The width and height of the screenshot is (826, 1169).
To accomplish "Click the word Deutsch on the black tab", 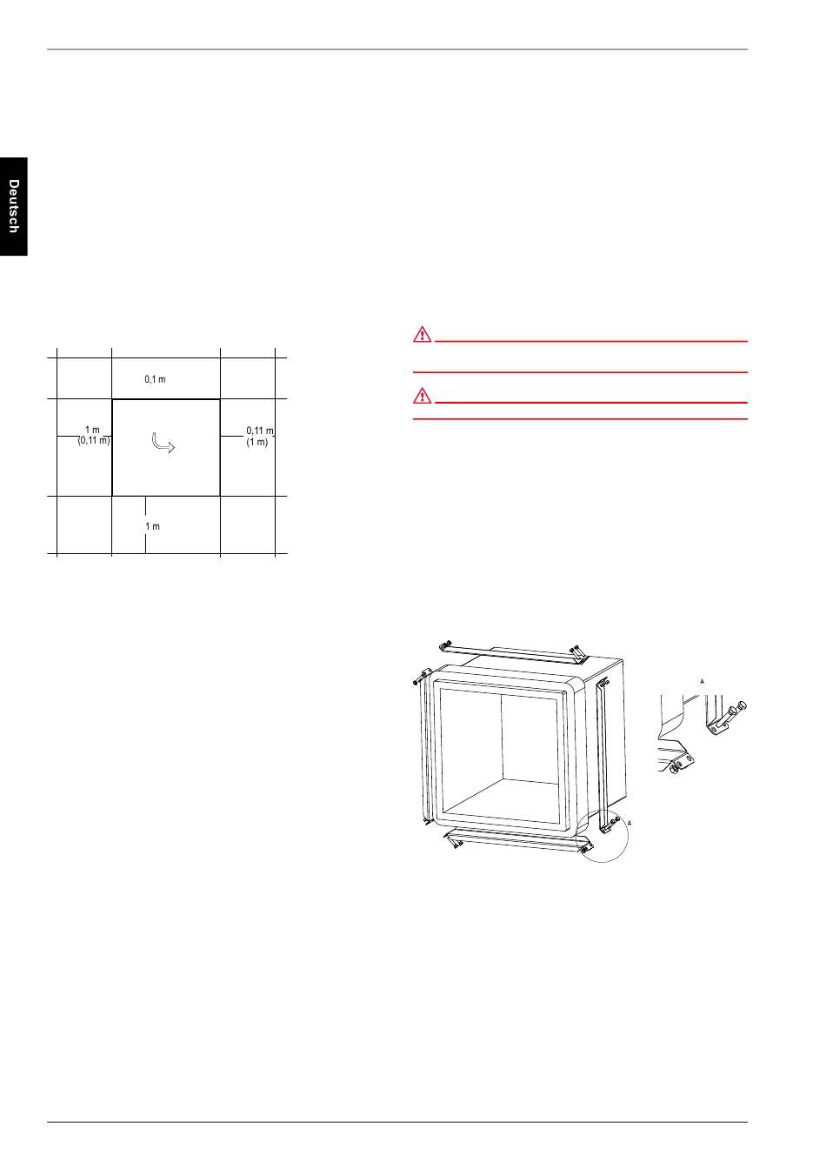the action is click(x=14, y=206).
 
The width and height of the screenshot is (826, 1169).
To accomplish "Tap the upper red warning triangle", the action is click(x=423, y=335).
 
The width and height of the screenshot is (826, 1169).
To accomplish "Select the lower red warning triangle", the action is click(x=423, y=396).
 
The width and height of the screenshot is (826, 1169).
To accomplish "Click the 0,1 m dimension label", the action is click(x=155, y=379).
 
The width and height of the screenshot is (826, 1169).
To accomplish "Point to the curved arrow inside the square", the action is click(x=163, y=444).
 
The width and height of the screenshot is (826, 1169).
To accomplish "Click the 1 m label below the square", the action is click(x=152, y=526).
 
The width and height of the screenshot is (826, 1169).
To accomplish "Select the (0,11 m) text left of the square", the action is click(x=94, y=440).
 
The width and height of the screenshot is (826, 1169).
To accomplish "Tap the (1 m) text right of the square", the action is click(x=256, y=442).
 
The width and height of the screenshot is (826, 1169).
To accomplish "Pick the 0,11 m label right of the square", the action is click(x=260, y=431).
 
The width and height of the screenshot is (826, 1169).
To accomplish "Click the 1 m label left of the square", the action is click(x=92, y=430).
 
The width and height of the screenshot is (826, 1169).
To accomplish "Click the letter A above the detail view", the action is click(x=702, y=682).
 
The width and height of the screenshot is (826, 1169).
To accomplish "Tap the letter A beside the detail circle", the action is click(x=629, y=823).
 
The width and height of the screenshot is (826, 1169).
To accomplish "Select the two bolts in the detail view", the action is click(x=732, y=712).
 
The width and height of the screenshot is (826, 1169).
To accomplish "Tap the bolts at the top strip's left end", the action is click(x=445, y=646).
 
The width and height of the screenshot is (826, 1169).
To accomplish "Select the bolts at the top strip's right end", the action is click(x=578, y=651).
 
